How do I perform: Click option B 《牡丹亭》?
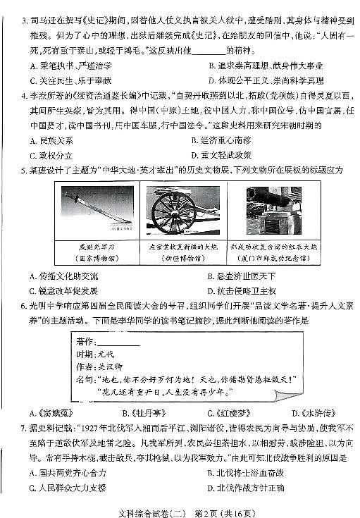pos(144,413)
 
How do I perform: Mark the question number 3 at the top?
pos(25,13)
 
